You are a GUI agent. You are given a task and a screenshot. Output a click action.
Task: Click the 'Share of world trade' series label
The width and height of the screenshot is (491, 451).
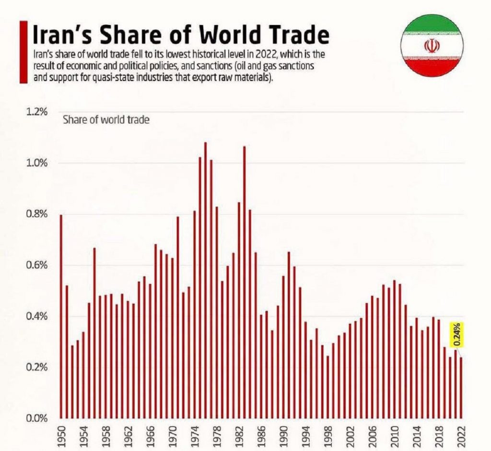pyautogui.click(x=106, y=119)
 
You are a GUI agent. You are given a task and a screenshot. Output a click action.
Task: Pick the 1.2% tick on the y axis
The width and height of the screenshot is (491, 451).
pyautogui.click(x=38, y=112)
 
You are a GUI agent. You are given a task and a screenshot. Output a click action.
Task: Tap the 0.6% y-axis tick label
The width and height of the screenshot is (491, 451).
pyautogui.click(x=38, y=265)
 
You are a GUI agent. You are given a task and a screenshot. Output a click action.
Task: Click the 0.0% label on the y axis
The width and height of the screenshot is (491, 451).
pyautogui.click(x=38, y=418)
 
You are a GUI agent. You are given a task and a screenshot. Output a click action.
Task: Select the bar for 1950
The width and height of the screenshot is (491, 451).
pyautogui.click(x=61, y=317)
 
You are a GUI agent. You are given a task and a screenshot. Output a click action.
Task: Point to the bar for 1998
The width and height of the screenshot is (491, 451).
pyautogui.click(x=327, y=387)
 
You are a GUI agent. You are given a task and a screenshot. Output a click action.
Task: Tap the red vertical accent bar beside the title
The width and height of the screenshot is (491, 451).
pyautogui.click(x=23, y=52)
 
